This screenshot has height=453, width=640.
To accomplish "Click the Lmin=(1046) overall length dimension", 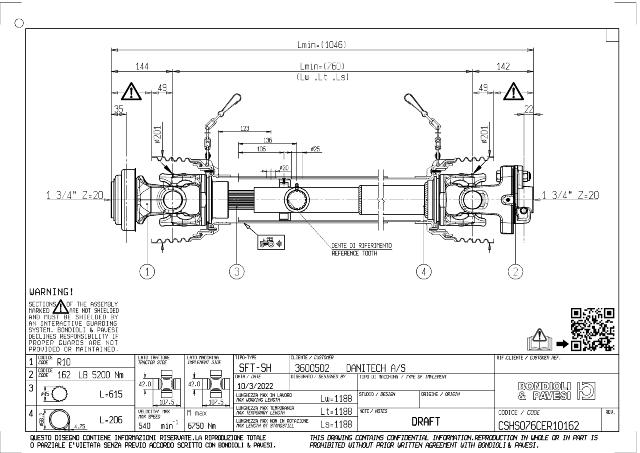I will coord(320,44).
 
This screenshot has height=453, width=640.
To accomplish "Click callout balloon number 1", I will coord(148,270).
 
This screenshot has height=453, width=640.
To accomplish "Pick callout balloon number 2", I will coord(516,270).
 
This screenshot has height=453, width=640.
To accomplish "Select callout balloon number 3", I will coord(236,270).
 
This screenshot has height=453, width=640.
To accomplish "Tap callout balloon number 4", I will coord(424,270).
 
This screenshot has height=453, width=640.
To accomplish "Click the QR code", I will coord(590,327).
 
